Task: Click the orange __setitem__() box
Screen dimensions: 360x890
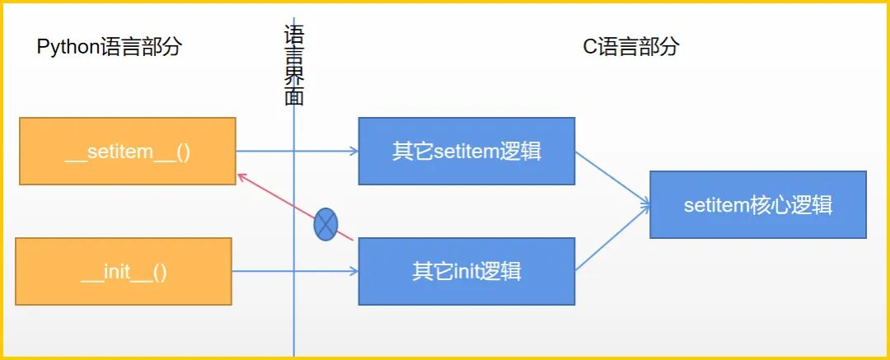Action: coord(128,151)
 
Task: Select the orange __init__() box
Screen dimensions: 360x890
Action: coord(124,271)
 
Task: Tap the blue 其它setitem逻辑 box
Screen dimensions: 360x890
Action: coord(466,151)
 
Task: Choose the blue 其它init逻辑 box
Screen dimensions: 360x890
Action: coord(466,271)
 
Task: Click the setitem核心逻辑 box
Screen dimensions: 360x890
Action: coord(757,204)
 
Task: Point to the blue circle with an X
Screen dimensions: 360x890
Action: coord(326,224)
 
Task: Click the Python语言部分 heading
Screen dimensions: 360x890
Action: coord(109,47)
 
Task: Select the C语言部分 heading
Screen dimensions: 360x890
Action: coord(630,47)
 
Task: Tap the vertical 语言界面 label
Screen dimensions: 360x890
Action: coord(294,66)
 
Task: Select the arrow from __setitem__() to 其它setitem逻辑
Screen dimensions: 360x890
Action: coord(297,151)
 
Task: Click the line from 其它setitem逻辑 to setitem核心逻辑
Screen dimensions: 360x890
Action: coord(611,177)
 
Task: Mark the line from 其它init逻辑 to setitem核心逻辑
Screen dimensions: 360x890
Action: coord(611,243)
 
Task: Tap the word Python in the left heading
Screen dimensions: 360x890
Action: coord(68,47)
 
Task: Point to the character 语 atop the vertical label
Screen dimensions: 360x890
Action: coord(294,34)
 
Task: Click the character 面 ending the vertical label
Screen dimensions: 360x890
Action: coord(294,96)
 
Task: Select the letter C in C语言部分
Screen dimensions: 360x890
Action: coord(589,47)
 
